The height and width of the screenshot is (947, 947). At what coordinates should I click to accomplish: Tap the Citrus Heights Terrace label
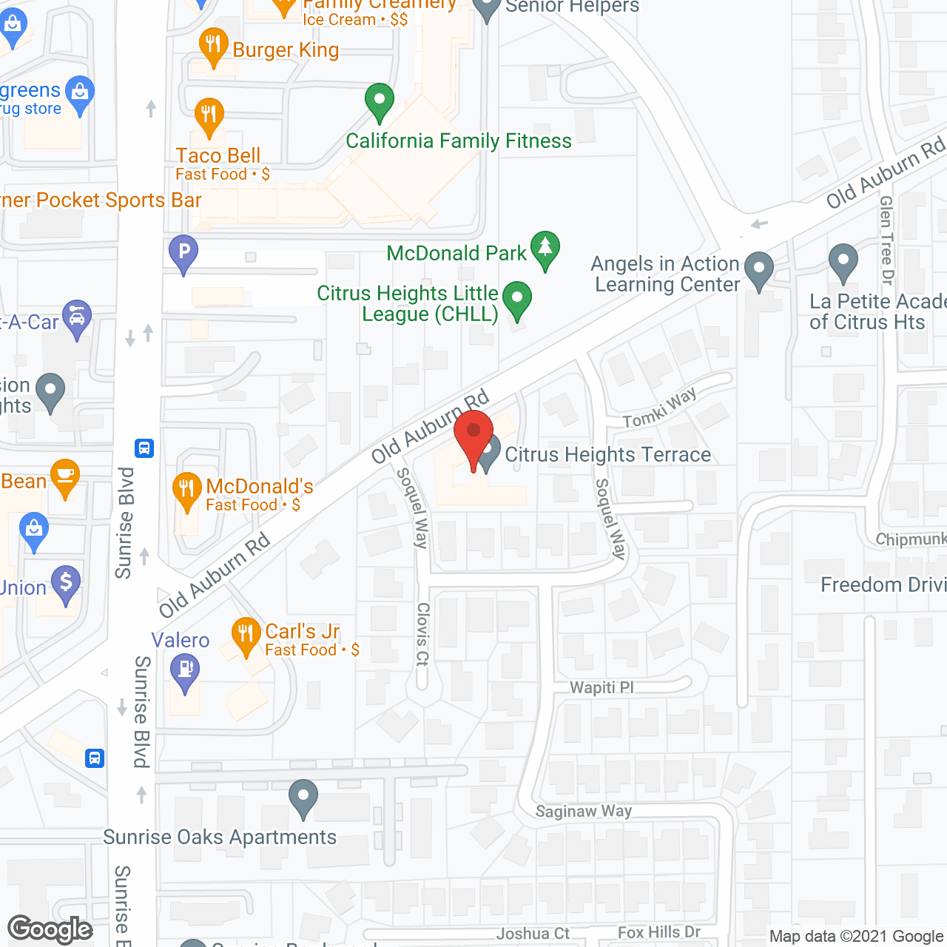click(607, 454)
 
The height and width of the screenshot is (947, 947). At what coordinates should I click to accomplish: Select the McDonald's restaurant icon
click(186, 491)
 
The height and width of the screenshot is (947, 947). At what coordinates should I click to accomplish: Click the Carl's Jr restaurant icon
click(246, 636)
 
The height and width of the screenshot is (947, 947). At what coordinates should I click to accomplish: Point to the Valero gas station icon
click(185, 672)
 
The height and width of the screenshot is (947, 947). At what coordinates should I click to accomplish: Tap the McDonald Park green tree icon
click(545, 249)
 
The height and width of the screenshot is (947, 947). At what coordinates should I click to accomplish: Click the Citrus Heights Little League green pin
click(517, 300)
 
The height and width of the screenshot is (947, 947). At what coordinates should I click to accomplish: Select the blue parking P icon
click(183, 252)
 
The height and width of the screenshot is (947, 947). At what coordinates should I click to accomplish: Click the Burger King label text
click(286, 50)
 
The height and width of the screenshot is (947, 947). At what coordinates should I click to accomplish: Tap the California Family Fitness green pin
click(380, 101)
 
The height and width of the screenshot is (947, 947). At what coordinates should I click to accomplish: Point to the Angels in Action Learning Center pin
click(758, 269)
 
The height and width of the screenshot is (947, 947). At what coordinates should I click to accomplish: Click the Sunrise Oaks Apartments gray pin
click(303, 798)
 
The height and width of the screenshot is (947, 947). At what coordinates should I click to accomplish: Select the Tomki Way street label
click(659, 408)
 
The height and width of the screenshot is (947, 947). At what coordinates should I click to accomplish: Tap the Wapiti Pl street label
click(601, 687)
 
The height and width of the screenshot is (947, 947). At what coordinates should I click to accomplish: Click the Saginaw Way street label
click(584, 811)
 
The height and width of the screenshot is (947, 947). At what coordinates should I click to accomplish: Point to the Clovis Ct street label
click(422, 634)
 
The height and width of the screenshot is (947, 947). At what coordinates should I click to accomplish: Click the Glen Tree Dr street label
click(886, 240)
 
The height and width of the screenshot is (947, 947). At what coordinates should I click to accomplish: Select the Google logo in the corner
click(50, 929)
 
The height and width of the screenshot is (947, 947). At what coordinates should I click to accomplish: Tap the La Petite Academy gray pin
click(843, 262)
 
